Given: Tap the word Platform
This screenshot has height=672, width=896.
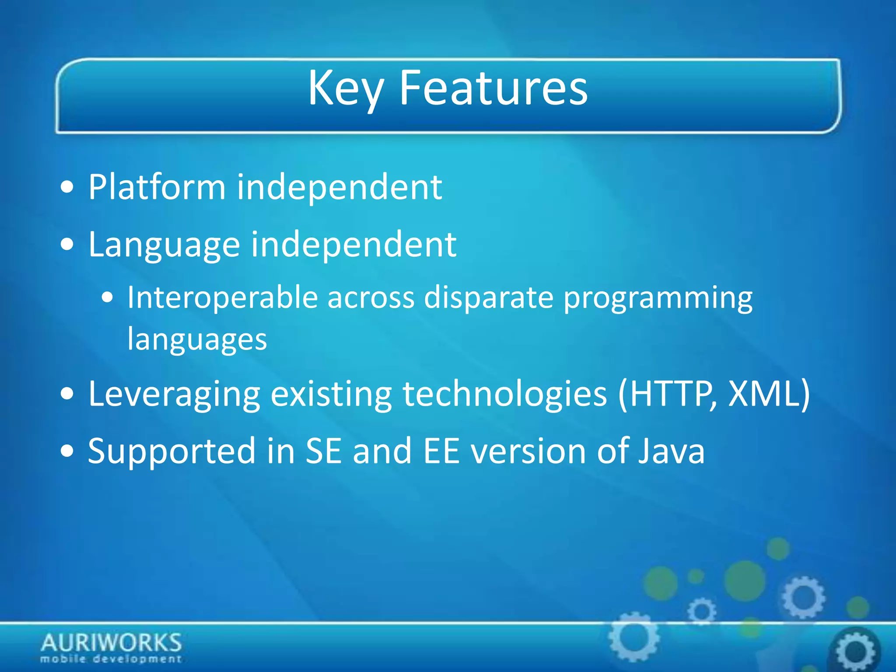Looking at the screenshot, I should (157, 187).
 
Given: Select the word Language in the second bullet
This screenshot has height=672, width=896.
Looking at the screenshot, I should (164, 245).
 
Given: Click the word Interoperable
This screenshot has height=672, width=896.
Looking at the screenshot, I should (222, 298).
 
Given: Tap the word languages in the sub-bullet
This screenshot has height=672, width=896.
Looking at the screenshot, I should (197, 339).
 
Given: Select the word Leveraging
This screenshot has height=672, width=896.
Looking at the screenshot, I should (174, 394).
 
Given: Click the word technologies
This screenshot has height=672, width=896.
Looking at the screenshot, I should (504, 394).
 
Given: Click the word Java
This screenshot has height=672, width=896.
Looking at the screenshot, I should (671, 451).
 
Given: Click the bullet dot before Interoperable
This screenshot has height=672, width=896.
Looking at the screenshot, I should (107, 299).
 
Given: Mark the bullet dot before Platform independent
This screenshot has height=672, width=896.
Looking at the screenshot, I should (67, 188).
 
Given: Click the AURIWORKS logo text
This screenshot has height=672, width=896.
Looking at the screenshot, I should (111, 643).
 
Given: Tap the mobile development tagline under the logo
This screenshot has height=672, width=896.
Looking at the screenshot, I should (111, 659).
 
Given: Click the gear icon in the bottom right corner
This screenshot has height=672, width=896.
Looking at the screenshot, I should (855, 651).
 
